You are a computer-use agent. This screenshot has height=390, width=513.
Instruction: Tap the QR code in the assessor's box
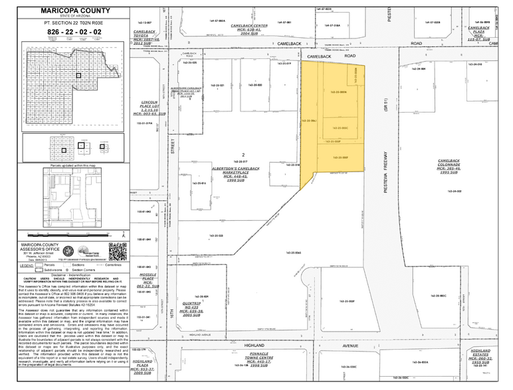tap(117, 253)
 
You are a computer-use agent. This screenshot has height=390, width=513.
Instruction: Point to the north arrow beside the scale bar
tap(68, 253)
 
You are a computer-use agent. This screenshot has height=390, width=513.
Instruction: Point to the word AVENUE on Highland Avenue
tap(326, 345)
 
